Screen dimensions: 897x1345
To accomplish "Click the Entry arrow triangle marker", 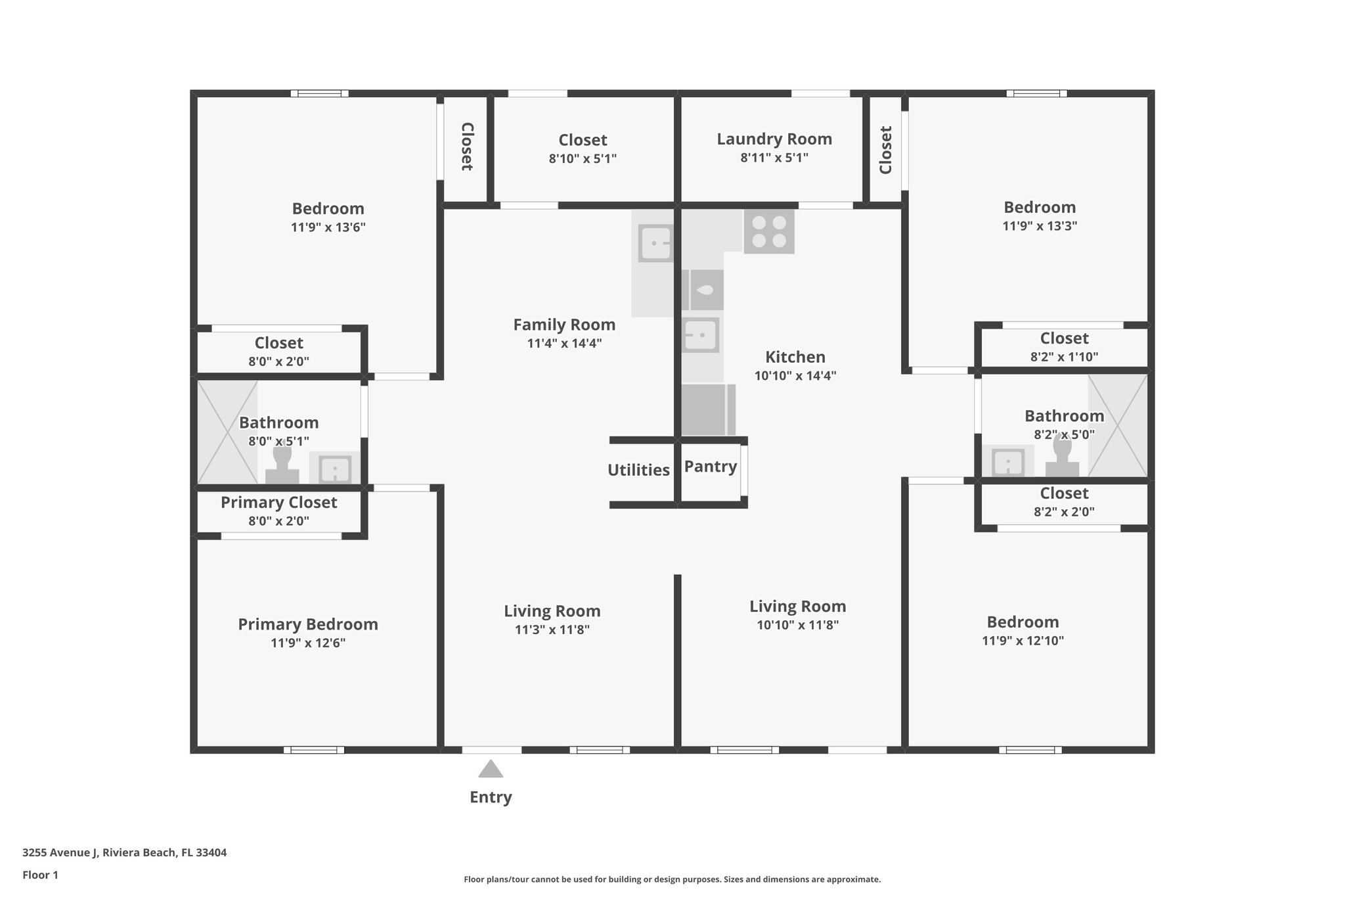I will click(x=491, y=769).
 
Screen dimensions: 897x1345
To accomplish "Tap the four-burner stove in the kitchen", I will click(x=769, y=232).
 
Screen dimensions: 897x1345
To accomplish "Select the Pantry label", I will click(x=710, y=467).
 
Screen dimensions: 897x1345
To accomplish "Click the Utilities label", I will click(x=638, y=470).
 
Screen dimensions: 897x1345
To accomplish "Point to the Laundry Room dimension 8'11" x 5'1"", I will click(x=774, y=158).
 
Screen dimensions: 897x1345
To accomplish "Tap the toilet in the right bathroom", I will click(x=1062, y=458).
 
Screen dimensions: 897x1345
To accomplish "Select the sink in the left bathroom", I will click(x=335, y=469).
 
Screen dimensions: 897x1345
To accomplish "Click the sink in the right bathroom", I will click(x=1008, y=462).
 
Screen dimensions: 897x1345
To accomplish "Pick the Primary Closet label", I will click(x=278, y=503).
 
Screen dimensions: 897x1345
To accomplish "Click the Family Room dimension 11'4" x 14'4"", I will click(x=564, y=343).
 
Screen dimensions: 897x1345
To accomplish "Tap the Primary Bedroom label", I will click(x=308, y=624).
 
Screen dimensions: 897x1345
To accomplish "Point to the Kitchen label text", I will click(x=795, y=357).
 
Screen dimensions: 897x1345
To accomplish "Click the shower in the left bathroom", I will click(x=227, y=432).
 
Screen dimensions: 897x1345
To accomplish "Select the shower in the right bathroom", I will click(x=1118, y=426).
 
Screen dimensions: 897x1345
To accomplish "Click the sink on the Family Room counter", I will click(x=655, y=244).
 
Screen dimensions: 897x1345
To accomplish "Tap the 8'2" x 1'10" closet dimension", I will click(x=1064, y=357).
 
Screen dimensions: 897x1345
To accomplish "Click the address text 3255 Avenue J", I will click(x=124, y=853).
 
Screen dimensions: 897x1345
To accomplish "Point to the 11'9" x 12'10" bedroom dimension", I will click(x=1023, y=641).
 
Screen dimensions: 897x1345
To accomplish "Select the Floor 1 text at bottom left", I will click(x=40, y=875).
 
